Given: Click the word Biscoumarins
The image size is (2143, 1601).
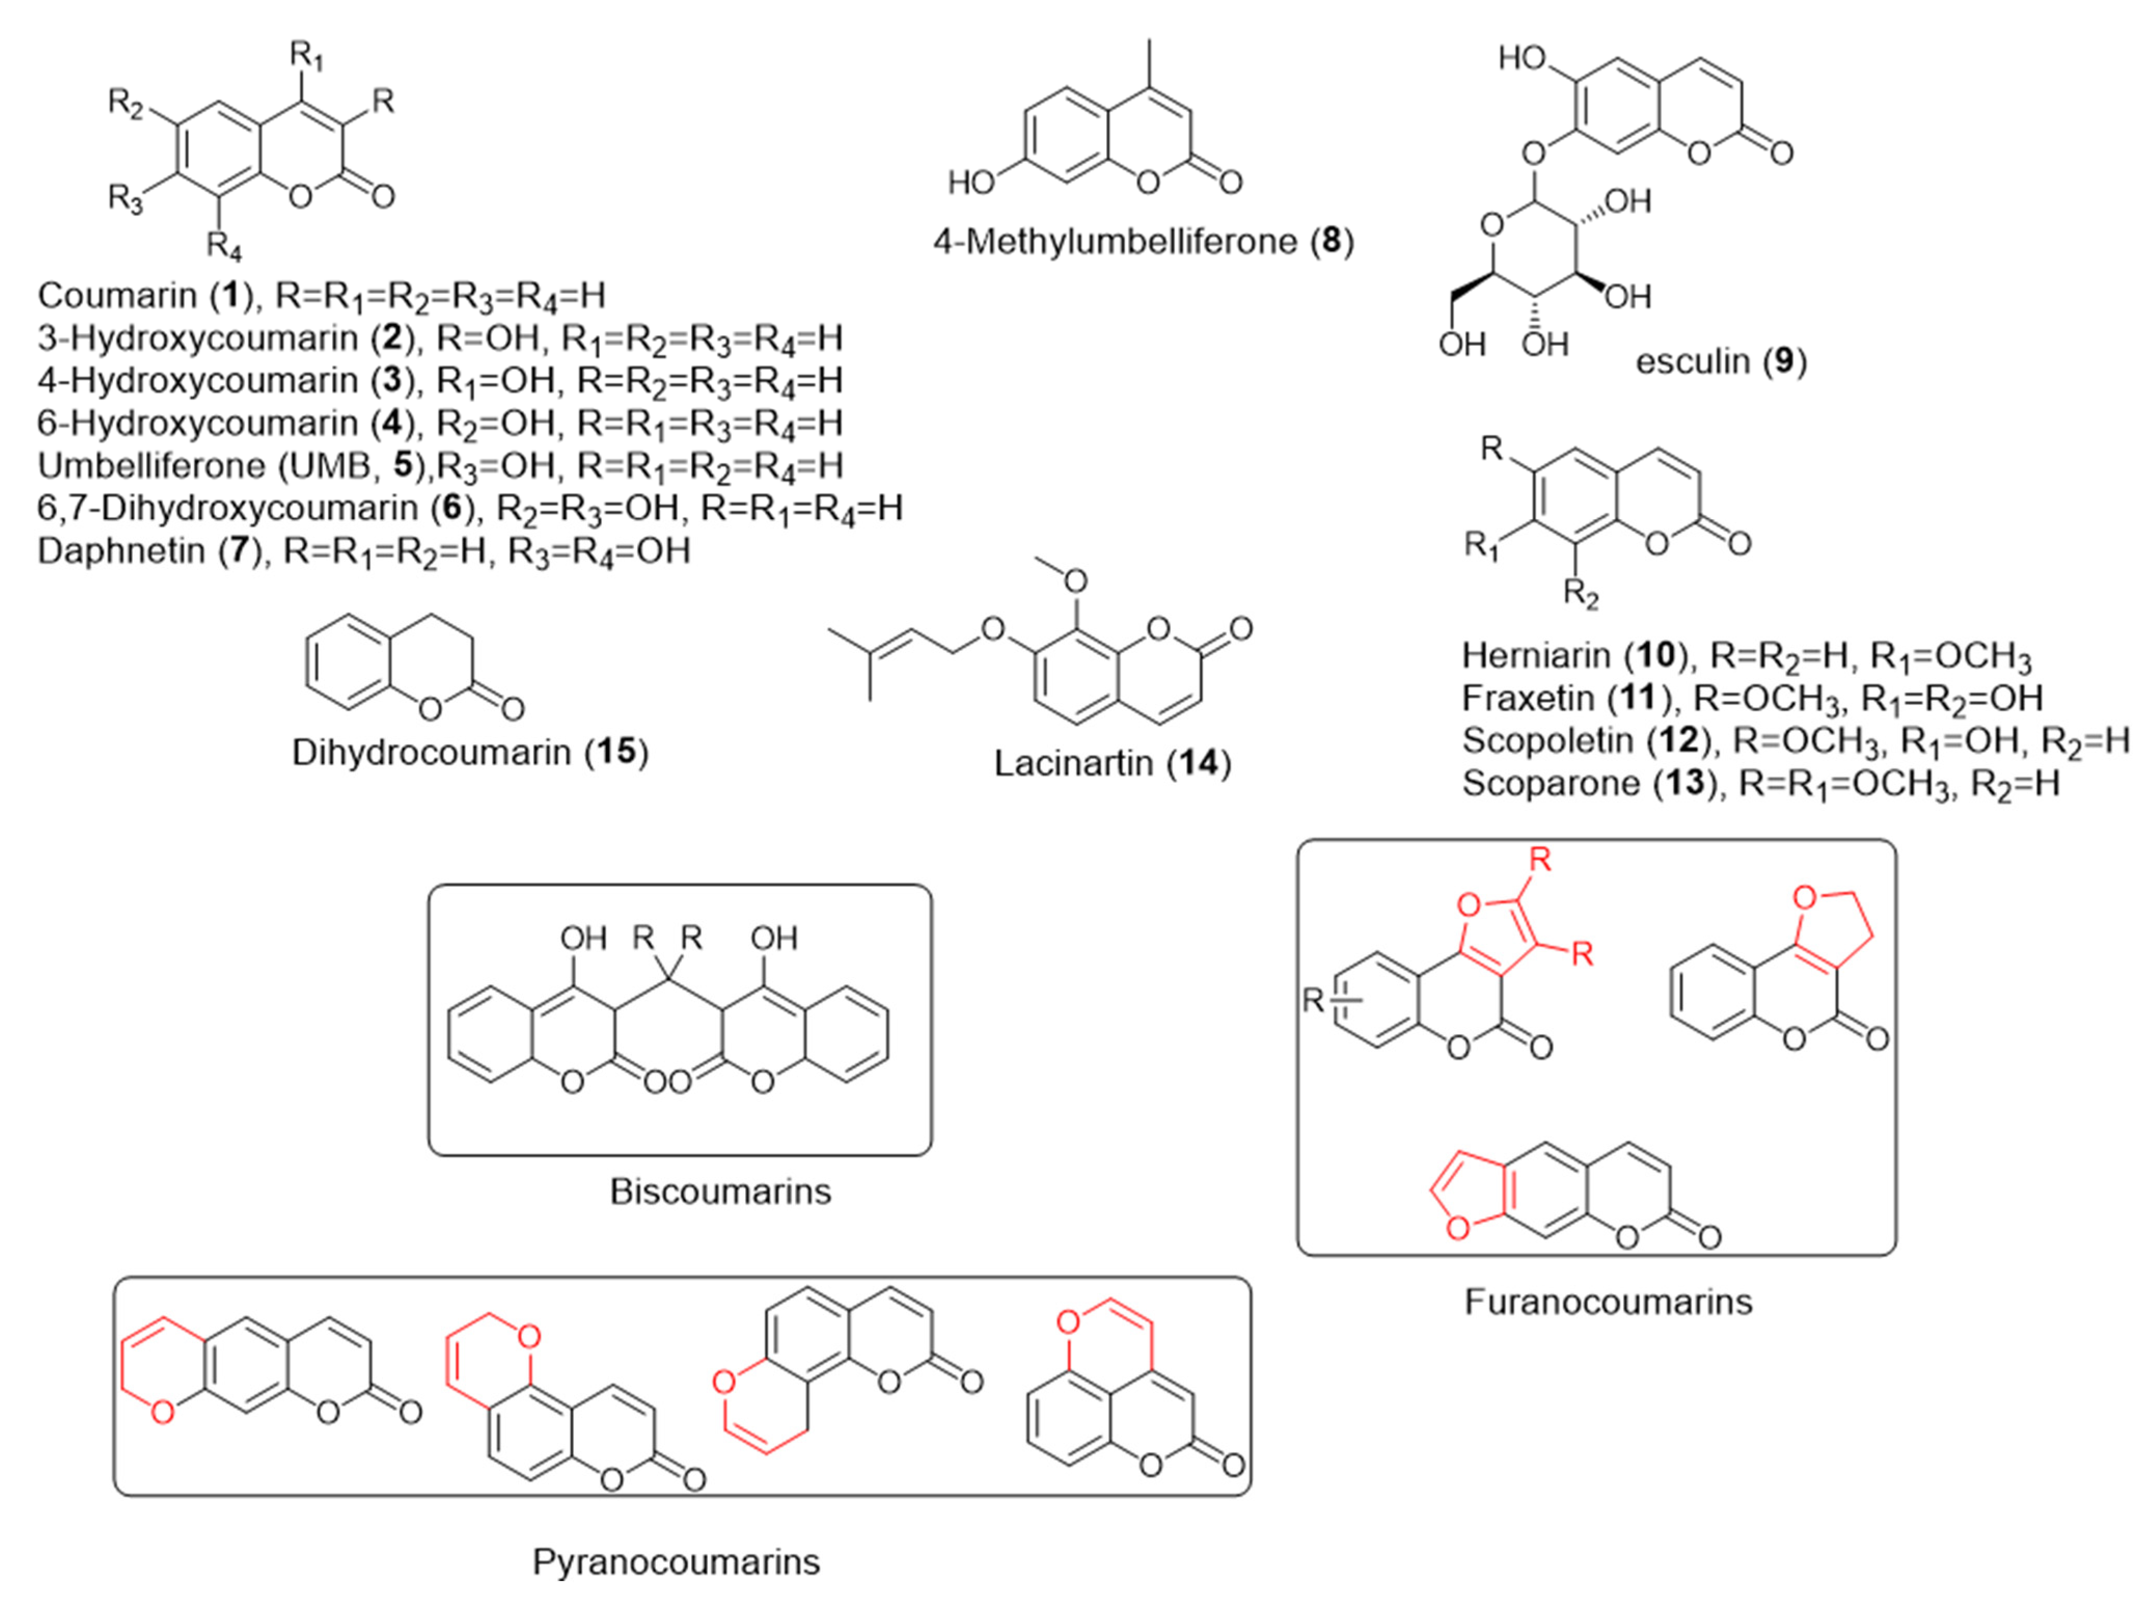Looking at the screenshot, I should pos(720,1191).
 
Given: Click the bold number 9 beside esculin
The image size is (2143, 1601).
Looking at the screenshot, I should pos(1782,361).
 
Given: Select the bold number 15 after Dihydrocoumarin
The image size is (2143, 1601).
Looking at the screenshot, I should pos(616,752).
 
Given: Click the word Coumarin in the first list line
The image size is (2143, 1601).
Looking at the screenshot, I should pos(117,295).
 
